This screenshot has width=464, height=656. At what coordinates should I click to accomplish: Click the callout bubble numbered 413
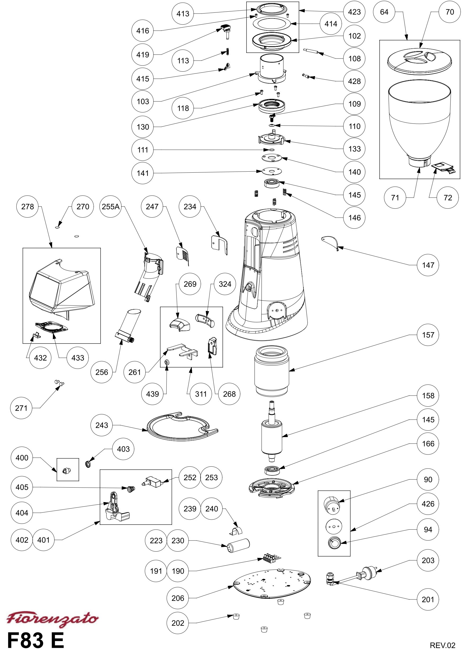(x=183, y=13)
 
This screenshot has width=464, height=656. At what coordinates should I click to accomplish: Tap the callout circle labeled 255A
(x=111, y=206)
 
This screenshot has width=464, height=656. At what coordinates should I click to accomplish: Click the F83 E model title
(x=35, y=640)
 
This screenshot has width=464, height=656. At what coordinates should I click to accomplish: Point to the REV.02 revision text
(x=442, y=645)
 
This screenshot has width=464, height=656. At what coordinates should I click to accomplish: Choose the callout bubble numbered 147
(x=428, y=265)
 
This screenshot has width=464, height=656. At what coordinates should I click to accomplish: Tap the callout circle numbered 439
(x=152, y=394)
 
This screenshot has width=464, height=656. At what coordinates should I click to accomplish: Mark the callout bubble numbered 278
(x=28, y=206)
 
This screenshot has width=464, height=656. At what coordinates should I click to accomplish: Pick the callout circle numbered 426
(x=428, y=504)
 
